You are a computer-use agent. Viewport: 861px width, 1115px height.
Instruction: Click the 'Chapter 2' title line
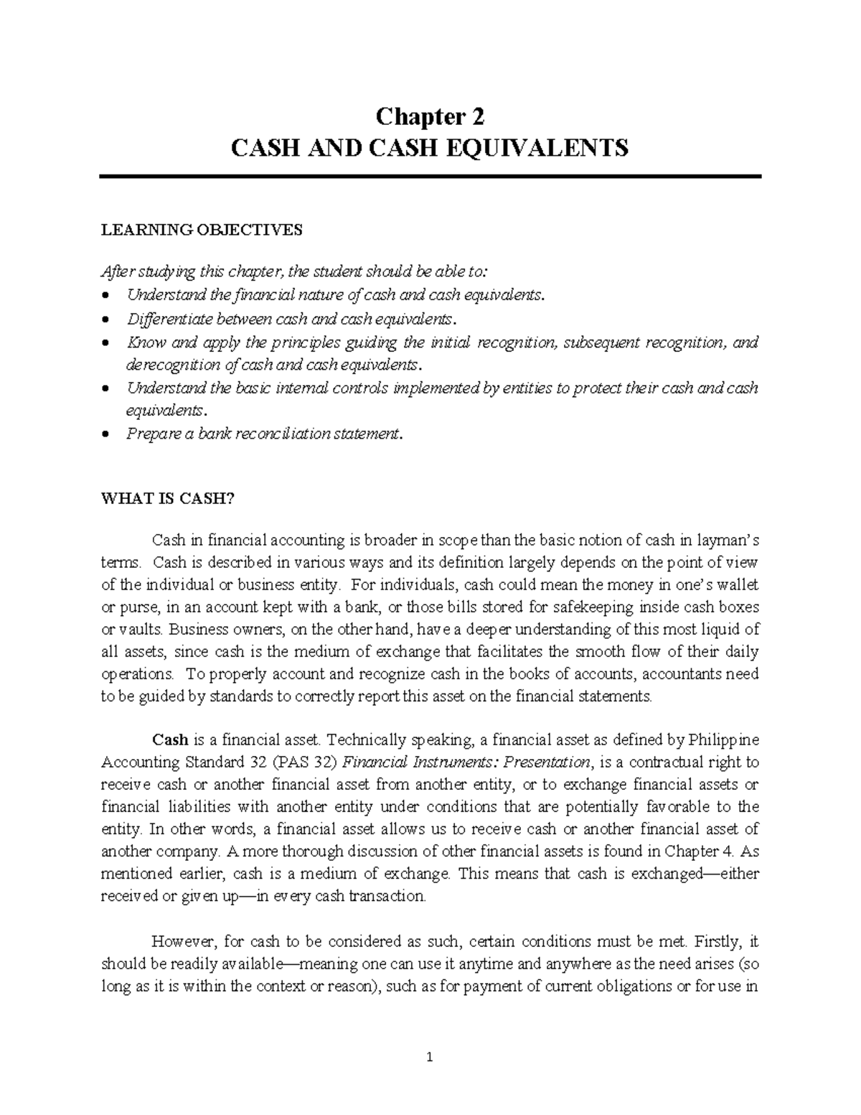(x=430, y=116)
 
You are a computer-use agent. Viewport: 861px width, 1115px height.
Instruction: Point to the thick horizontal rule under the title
(x=430, y=176)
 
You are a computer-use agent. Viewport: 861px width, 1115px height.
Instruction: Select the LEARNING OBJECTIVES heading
(x=202, y=230)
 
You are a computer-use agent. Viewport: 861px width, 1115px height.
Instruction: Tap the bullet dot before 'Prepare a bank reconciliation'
(x=106, y=434)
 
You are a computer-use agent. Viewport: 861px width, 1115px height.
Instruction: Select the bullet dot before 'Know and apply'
(x=106, y=342)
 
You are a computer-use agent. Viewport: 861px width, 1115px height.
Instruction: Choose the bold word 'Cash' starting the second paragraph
(x=170, y=740)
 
